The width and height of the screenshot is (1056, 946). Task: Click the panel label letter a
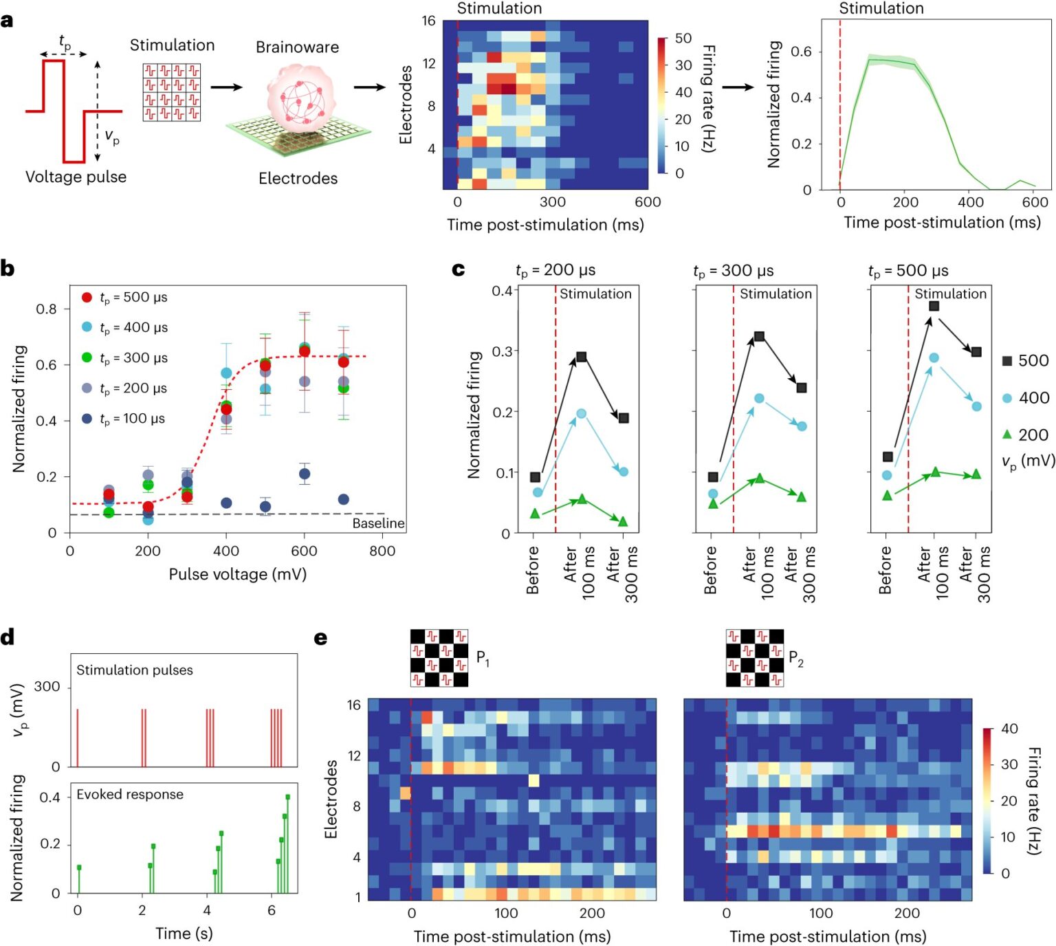tap(8, 21)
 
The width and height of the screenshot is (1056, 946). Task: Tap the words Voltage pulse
tap(76, 177)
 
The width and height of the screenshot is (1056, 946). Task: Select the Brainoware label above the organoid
tap(297, 47)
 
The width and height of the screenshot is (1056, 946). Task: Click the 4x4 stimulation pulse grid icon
tap(172, 92)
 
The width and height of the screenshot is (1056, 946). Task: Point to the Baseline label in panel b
tap(378, 523)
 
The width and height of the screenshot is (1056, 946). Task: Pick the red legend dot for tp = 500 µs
tap(87, 298)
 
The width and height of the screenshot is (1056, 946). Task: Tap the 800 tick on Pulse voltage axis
tap(382, 551)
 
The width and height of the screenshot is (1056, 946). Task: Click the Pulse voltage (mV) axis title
tap(237, 574)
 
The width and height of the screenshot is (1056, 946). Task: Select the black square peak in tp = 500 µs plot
tap(934, 306)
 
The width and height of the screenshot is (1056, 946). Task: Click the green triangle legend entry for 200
tap(1007, 434)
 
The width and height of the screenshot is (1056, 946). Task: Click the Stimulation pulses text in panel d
tap(134, 670)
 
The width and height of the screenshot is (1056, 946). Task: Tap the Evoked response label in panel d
tap(130, 794)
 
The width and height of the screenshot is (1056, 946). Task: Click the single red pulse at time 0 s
tap(78, 738)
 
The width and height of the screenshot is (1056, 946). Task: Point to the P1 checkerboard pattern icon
tap(439, 658)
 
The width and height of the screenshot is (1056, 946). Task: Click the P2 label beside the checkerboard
tap(795, 658)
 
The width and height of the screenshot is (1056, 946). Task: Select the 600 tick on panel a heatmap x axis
tap(648, 202)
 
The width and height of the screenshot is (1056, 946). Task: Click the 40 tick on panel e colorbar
tap(1009, 729)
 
